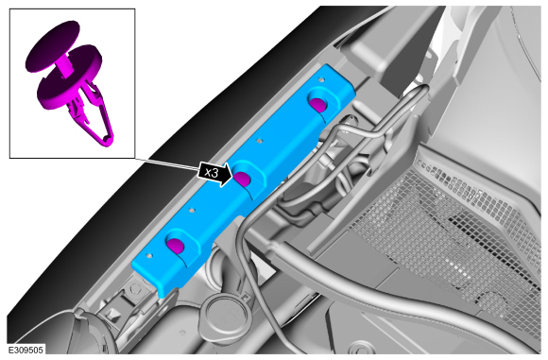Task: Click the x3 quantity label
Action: [211, 172]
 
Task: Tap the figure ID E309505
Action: [26, 350]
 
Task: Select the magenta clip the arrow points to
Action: [242, 179]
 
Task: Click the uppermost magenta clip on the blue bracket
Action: [318, 105]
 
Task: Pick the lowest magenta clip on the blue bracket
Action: [175, 245]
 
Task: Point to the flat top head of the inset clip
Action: [52, 44]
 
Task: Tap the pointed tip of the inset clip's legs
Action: [108, 143]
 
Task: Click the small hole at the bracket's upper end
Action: [321, 79]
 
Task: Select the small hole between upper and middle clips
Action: [259, 141]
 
